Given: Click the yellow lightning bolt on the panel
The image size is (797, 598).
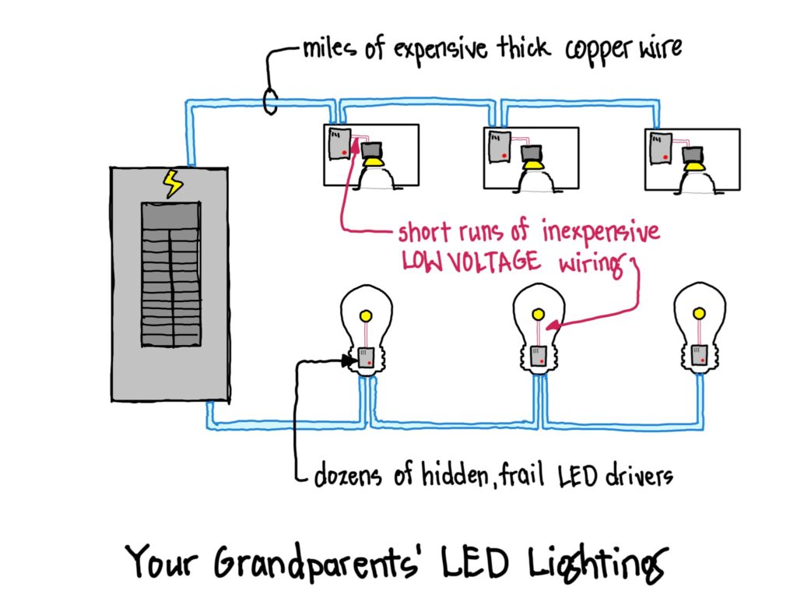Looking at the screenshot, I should [172, 184].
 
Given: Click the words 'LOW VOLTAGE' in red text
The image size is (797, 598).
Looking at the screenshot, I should [471, 262].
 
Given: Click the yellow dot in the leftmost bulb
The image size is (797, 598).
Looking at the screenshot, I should [364, 315].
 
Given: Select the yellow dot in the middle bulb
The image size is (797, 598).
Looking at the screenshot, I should [537, 313].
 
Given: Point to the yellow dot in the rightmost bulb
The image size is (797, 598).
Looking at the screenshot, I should [700, 313].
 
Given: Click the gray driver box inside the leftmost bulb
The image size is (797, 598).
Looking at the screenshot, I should [366, 357].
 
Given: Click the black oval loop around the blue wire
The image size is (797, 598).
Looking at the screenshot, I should [272, 100].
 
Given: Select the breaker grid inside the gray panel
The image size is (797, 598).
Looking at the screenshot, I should [170, 274].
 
